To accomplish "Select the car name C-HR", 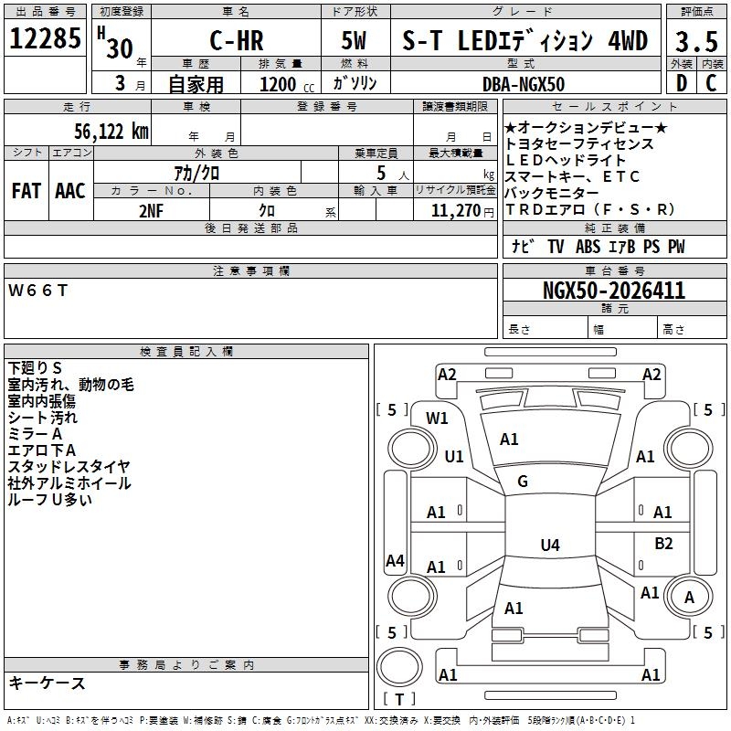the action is [235, 41].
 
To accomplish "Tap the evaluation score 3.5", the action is [695, 42].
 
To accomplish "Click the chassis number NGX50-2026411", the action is [614, 291].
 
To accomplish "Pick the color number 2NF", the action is [152, 210].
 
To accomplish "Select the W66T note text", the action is [38, 291].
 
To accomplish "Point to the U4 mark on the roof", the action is [549, 546].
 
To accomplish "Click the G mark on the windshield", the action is [523, 482].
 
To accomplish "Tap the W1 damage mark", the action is [438, 418].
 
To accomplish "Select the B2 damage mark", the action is [663, 544].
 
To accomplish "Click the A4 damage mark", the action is [395, 561].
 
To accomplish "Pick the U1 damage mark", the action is [454, 456].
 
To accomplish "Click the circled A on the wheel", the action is [690, 598].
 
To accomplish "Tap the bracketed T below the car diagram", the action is [398, 699].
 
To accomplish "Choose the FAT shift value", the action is [26, 191].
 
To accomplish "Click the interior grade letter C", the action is [711, 84].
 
